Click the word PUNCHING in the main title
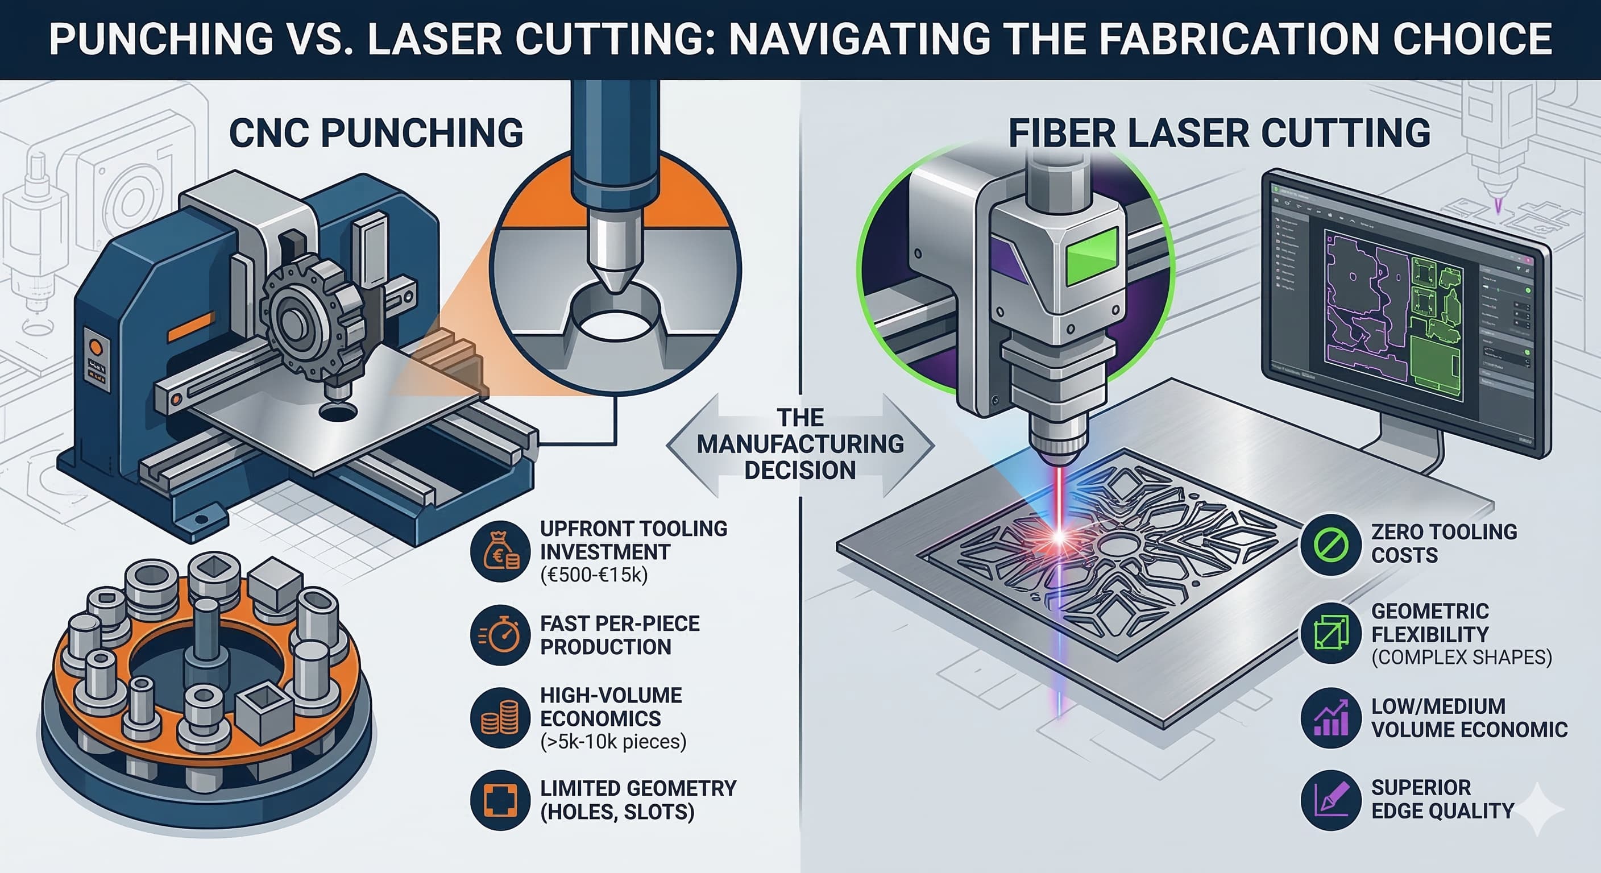point(161,39)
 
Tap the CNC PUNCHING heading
point(376,133)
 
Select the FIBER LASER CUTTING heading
point(1220,133)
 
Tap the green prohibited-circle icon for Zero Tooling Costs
point(1330,544)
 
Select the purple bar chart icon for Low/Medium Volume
point(1330,718)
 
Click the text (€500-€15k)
point(594,575)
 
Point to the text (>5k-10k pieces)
point(613,742)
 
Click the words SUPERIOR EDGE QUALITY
point(1442,799)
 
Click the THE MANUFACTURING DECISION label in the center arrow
point(800,444)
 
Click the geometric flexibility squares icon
point(1330,634)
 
